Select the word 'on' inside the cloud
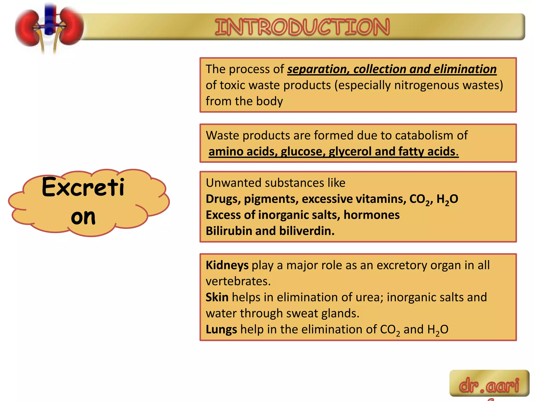coord(83,217)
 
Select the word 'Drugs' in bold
coord(223,199)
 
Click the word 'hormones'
coord(371,215)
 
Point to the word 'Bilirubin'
coord(229,231)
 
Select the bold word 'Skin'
coord(217,297)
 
